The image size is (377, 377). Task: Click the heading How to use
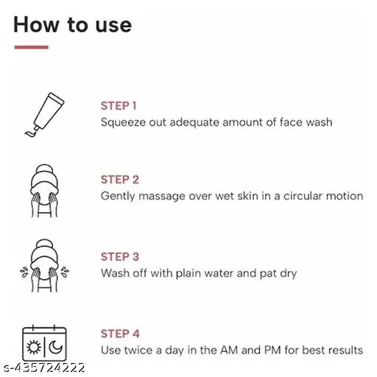pyautogui.click(x=72, y=24)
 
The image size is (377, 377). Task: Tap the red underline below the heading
pyautogui.click(x=31, y=48)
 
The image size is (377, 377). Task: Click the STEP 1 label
pyautogui.click(x=119, y=105)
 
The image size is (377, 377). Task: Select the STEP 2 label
pyautogui.click(x=120, y=180)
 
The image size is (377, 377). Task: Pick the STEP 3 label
pyautogui.click(x=120, y=256)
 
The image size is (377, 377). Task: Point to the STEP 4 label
pyautogui.click(x=120, y=334)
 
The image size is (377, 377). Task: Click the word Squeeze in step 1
pyautogui.click(x=121, y=122)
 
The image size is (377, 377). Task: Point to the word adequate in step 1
pyautogui.click(x=194, y=122)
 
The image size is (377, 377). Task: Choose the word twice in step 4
pyautogui.click(x=141, y=350)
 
